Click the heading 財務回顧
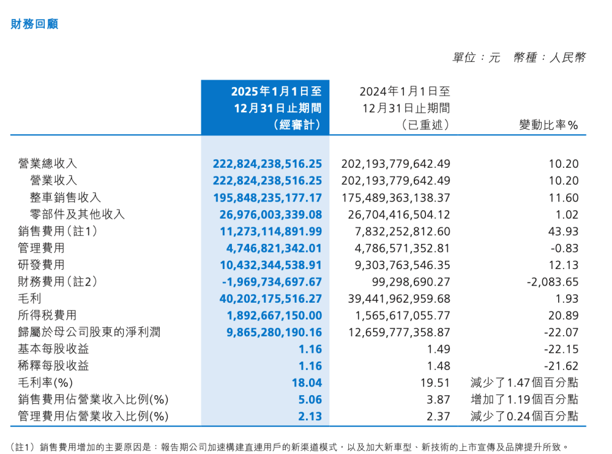click(34, 25)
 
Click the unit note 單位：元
click(476, 58)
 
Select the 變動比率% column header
click(548, 125)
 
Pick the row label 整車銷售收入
click(65, 197)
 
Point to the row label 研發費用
click(41, 265)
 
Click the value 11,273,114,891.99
click(267, 231)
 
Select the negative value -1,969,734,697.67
click(267, 282)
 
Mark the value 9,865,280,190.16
click(267, 332)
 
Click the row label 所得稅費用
click(47, 316)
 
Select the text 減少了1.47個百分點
click(524, 383)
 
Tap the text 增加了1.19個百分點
click(524, 399)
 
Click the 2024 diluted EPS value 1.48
click(439, 366)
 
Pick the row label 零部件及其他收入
click(77, 214)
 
